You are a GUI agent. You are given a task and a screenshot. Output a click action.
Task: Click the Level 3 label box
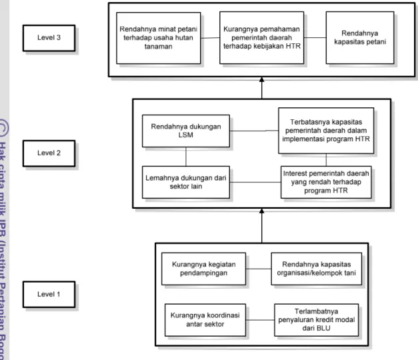[x=49, y=38]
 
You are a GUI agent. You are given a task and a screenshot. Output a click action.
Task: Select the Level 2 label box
[x=49, y=153]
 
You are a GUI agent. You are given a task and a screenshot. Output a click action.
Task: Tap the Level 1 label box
[x=49, y=295]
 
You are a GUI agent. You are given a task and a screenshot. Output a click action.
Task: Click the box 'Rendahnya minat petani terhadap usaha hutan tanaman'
[x=159, y=38]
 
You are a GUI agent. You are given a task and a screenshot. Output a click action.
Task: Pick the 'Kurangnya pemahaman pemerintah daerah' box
[x=261, y=37]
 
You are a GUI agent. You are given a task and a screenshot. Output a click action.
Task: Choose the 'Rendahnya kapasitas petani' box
[x=360, y=37]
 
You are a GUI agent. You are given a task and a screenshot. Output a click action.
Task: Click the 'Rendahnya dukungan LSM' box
[x=186, y=131]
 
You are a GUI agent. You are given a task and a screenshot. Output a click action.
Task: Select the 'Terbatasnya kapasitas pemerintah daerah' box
[x=326, y=131]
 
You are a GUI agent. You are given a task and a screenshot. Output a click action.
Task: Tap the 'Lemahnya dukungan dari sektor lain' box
[x=186, y=182]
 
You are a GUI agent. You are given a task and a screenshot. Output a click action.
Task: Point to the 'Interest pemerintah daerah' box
[x=326, y=182]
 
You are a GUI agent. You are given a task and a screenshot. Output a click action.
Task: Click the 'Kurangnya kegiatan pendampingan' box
[x=204, y=269]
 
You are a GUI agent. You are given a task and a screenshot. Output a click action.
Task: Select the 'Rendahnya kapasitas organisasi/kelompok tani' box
[x=317, y=269]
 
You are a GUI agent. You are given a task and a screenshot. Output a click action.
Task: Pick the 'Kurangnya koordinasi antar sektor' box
[x=205, y=320]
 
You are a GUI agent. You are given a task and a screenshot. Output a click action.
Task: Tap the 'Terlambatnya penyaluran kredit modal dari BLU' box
[x=317, y=320]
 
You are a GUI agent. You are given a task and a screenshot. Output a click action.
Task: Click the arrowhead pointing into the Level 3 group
[x=262, y=80]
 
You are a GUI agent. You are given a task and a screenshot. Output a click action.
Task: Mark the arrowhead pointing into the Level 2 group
[x=262, y=211]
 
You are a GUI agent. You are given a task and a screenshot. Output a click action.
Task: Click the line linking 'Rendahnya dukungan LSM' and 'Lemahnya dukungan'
[x=186, y=157]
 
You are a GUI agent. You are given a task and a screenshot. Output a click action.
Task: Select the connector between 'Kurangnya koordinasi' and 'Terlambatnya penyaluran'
[x=260, y=320]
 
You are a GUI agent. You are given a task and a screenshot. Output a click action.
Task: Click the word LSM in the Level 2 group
[x=186, y=135]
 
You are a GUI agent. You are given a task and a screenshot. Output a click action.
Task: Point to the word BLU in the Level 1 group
[x=323, y=328]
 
